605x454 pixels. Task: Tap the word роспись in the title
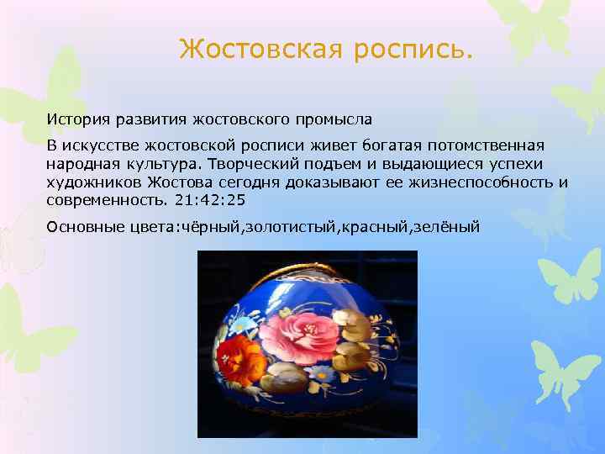coord(413,50)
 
